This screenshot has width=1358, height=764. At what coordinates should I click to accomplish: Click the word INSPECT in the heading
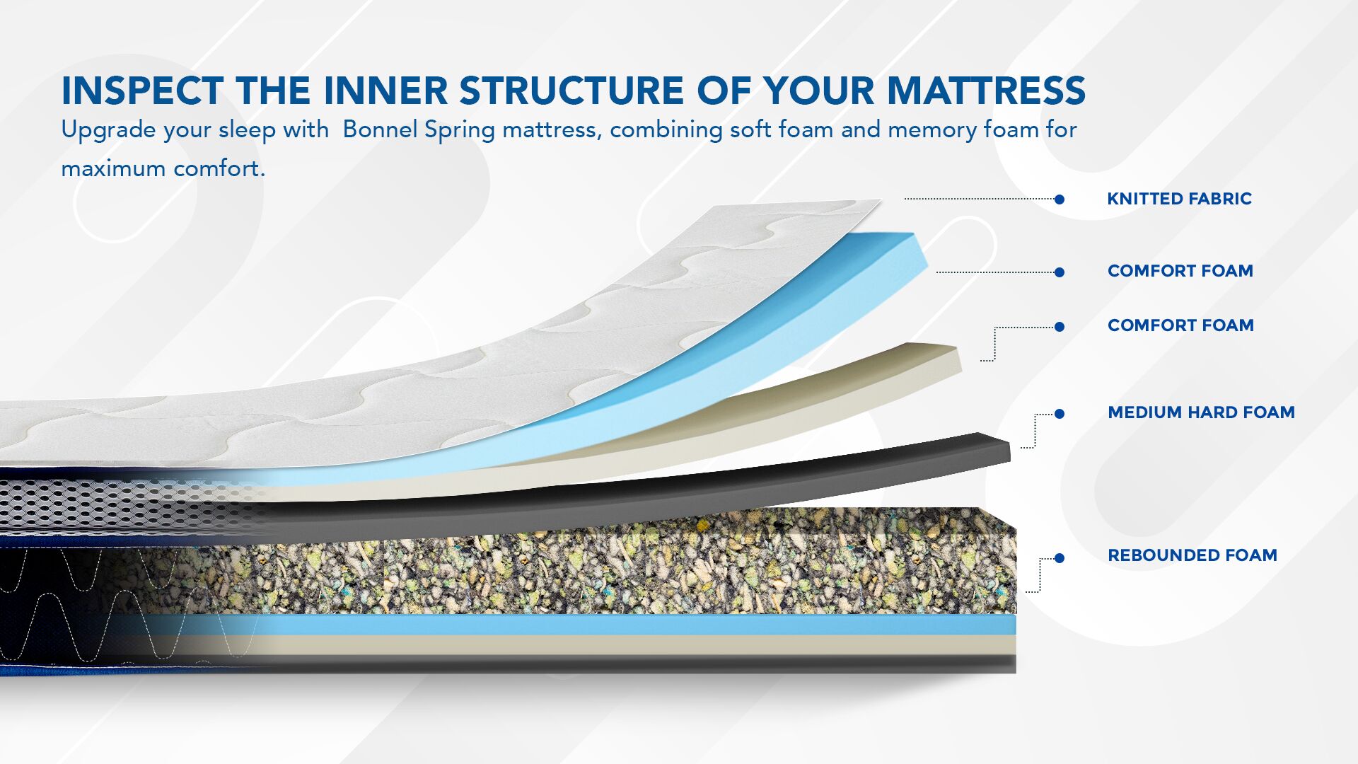pos(142,91)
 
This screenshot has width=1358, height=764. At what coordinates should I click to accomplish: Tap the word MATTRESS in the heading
pos(986,91)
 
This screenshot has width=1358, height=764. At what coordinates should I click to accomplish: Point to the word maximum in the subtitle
pos(113,169)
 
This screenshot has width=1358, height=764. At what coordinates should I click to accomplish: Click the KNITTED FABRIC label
pos(1179,199)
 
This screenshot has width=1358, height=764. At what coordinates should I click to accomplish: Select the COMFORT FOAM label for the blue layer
pos(1180,271)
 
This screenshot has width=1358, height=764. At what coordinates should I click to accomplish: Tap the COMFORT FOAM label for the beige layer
pos(1180,325)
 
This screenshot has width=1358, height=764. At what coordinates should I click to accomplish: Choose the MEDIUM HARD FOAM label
pos(1201,412)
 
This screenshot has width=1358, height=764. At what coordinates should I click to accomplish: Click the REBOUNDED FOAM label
pos(1192,555)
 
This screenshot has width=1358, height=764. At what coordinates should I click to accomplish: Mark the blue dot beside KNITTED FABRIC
pos(1060,199)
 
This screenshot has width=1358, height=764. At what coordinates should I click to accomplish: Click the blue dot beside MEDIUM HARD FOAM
pos(1060,414)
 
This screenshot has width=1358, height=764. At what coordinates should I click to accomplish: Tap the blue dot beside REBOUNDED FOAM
pos(1060,558)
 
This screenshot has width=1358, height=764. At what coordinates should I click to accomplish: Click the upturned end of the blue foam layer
pos(917,253)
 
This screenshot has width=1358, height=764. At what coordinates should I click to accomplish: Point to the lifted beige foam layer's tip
pos(951,357)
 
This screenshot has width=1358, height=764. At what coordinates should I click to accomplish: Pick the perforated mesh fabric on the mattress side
pos(106,505)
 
